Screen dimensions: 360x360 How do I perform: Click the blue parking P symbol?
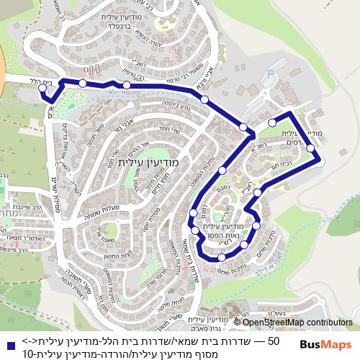271,73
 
